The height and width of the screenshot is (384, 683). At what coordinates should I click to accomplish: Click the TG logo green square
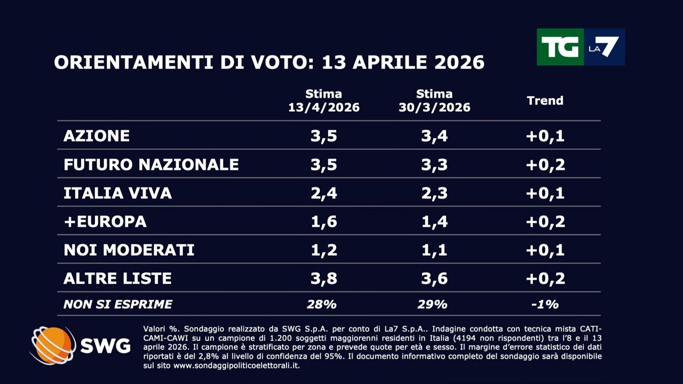[559, 47]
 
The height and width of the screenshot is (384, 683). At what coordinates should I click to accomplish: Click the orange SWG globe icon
[52, 346]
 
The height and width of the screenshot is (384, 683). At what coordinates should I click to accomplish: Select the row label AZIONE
[97, 135]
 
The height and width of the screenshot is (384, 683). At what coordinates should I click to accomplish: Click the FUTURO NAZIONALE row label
[151, 164]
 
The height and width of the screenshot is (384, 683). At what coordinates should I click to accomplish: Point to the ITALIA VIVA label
[117, 193]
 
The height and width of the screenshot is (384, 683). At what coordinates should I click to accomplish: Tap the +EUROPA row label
[105, 221]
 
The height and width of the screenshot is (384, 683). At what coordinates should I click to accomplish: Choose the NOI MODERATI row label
[129, 250]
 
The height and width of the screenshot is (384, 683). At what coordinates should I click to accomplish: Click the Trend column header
[545, 100]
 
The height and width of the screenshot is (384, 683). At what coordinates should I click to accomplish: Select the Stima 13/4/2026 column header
[324, 101]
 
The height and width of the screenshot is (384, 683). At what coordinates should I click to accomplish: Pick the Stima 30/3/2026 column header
[434, 101]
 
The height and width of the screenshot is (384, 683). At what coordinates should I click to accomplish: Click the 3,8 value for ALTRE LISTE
[324, 278]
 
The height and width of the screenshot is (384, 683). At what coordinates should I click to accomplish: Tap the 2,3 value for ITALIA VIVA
[434, 193]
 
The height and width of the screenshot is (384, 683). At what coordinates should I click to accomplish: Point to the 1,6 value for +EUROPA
[324, 221]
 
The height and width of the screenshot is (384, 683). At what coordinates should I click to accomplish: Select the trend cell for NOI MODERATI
[545, 250]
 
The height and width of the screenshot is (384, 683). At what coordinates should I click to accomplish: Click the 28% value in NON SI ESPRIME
[322, 305]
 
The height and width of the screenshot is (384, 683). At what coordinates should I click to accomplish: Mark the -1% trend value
[545, 305]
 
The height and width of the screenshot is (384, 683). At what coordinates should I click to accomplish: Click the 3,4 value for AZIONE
[434, 135]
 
